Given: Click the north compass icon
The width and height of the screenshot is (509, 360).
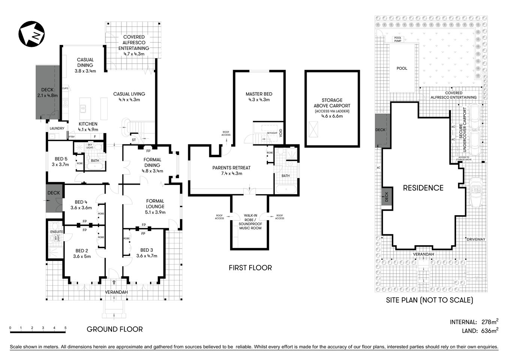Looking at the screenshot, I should pos(32,34).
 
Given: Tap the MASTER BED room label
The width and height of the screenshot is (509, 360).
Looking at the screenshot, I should pos(259,94).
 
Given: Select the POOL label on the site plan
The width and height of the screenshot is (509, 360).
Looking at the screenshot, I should pos(402,69).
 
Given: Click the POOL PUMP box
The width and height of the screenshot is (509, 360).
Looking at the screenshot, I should pos(398,39).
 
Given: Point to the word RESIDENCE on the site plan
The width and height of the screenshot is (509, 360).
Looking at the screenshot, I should pos(423,188).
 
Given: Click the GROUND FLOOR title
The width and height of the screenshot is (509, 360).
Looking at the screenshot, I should pos(115,329).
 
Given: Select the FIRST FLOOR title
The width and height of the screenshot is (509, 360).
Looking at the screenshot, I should pos(250,268).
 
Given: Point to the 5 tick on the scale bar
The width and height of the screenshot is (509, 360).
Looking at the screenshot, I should pos(66,328).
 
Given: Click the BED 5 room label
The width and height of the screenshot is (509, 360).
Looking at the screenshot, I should pos(61,159).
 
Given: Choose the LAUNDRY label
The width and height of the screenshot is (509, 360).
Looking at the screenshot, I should pos(57,128).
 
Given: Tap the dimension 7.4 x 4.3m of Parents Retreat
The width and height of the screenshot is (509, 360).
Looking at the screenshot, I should pos(231,173).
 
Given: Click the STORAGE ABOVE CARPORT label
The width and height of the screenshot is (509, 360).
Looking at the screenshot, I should pos(332,103).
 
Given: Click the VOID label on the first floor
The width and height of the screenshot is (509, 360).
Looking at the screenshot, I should pos(281,133).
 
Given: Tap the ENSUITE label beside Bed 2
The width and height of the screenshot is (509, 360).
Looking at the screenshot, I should pos(57,232).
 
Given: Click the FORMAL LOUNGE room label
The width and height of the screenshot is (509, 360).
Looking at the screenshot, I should pos(155,204).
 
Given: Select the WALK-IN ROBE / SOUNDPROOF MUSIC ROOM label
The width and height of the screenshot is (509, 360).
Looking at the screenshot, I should pos(250,221).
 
